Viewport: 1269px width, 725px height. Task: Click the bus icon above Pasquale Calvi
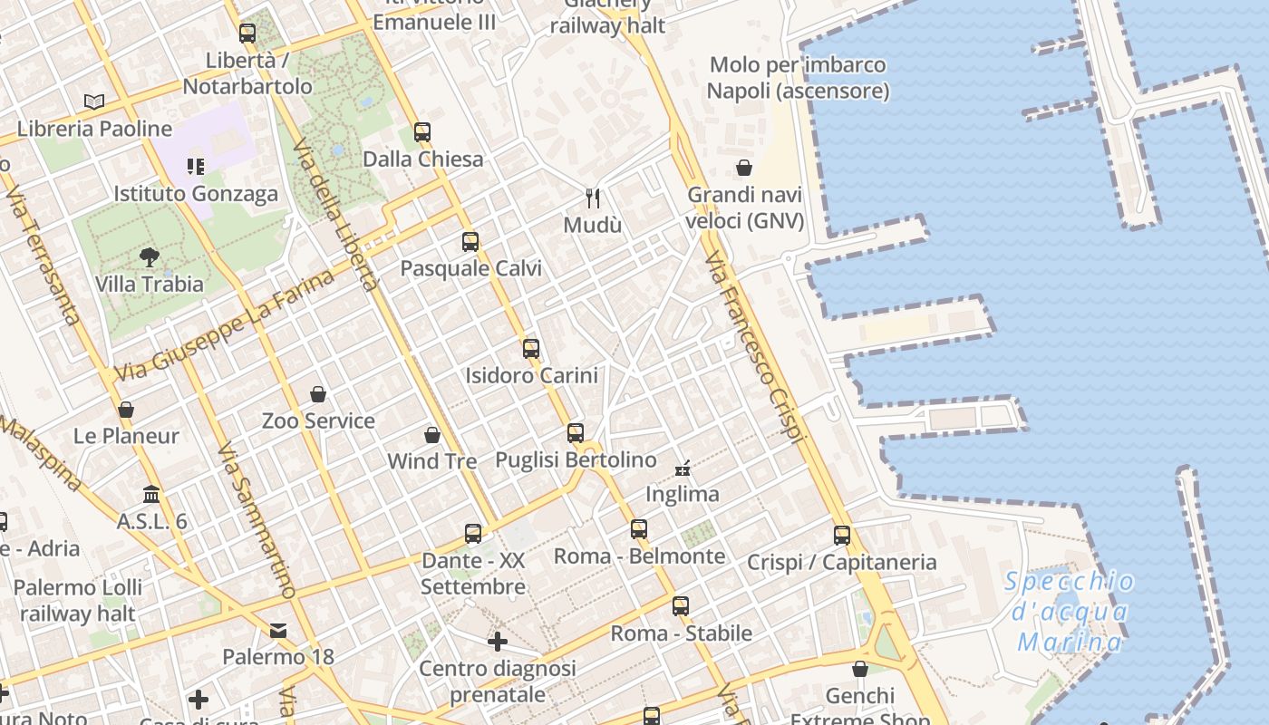pos(470,242)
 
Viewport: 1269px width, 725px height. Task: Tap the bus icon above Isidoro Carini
pos(531,349)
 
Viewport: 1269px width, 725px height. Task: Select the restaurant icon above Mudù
pos(593,198)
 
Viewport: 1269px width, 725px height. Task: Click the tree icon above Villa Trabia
pos(150,257)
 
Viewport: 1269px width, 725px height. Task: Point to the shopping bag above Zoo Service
pos(318,394)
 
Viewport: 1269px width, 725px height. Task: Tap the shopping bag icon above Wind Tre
pos(432,435)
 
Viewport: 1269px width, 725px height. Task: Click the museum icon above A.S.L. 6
pos(151,495)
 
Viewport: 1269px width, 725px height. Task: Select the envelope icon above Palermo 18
pos(278,630)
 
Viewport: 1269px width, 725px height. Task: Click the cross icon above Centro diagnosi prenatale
pos(497,642)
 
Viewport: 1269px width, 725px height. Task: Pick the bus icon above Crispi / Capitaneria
pos(842,536)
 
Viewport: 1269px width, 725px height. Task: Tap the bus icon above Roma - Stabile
pos(681,606)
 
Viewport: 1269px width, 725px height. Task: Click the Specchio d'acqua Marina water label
pos(1070,612)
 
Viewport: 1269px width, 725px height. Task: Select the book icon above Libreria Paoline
pos(94,102)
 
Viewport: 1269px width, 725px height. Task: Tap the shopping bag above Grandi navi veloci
pos(744,168)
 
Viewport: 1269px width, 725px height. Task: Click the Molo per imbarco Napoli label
pos(798,78)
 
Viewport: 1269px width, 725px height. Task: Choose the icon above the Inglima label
pos(683,469)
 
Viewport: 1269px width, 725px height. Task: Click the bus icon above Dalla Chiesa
pos(422,132)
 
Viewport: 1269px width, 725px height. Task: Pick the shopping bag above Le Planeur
pos(126,410)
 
